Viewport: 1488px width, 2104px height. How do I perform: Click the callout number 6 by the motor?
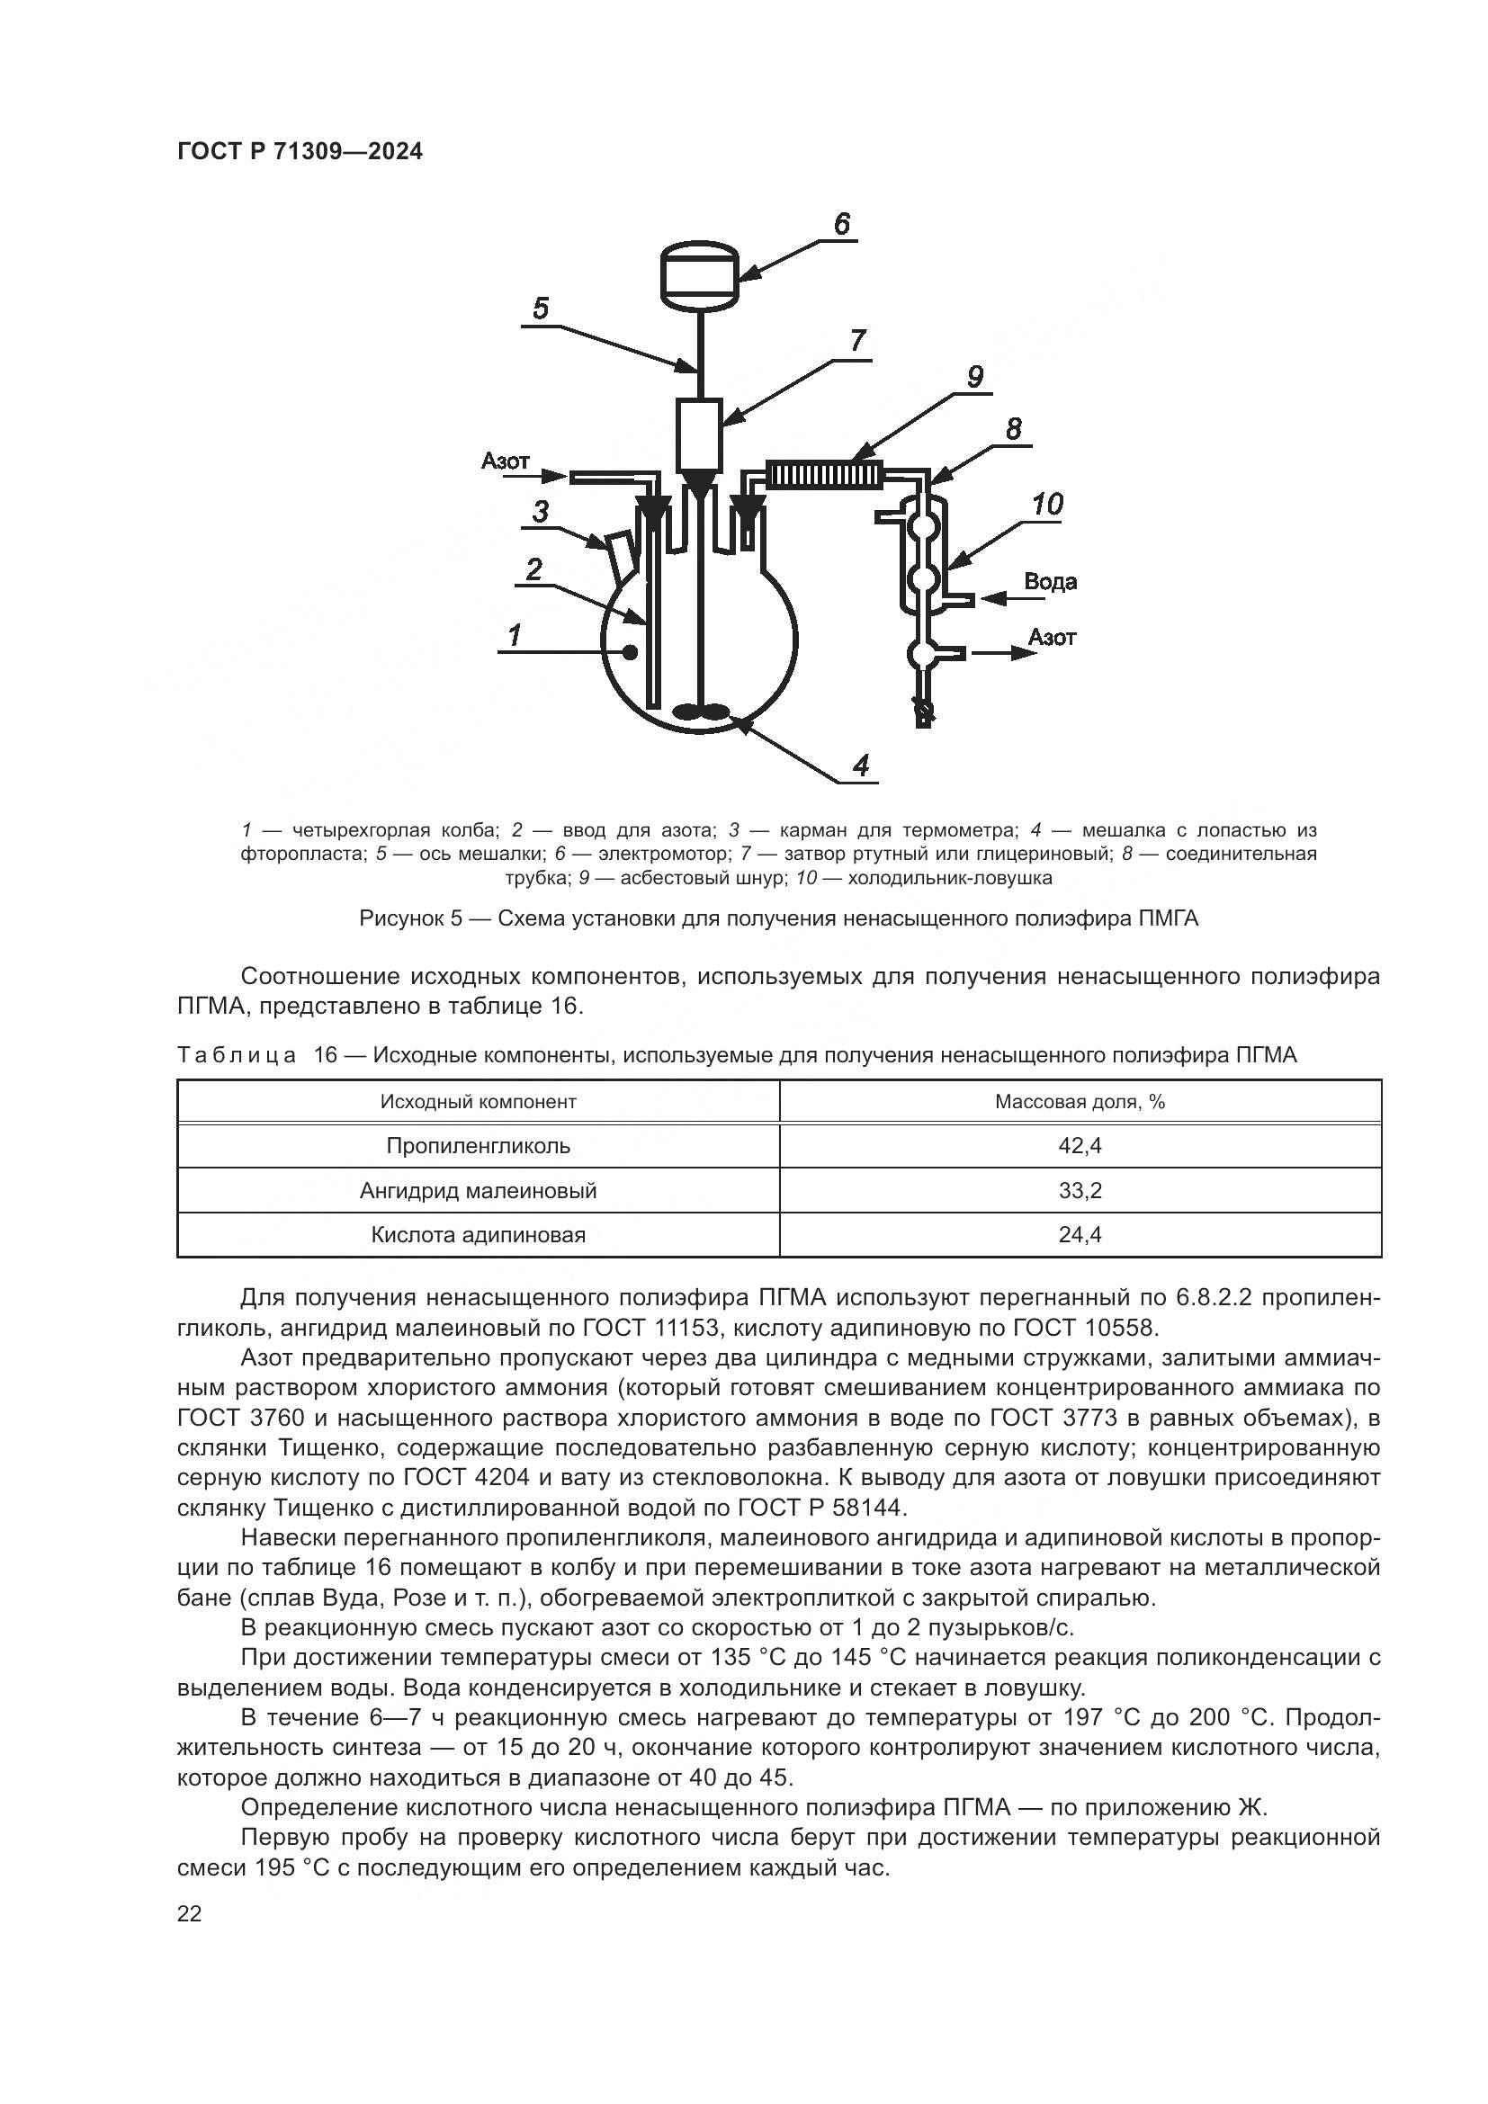tap(841, 224)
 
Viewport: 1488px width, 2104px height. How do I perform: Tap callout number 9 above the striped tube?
tap(974, 377)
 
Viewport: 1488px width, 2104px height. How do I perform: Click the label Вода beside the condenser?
tap(1049, 582)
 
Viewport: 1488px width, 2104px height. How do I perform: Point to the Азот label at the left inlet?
tap(505, 461)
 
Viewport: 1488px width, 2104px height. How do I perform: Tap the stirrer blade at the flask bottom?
tap(701, 712)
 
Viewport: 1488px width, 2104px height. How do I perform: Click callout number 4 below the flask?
tap(860, 765)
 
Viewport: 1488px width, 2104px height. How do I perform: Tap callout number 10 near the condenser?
tap(1046, 504)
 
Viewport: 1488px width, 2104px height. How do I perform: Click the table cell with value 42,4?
tap(1080, 1145)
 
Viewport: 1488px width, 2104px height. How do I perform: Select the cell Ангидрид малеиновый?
tap(478, 1190)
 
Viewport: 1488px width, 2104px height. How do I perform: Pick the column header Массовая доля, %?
tap(1080, 1102)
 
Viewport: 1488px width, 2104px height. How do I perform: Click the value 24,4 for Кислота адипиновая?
tap(1080, 1234)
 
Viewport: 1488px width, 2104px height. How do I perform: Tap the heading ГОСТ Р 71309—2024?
tap(300, 152)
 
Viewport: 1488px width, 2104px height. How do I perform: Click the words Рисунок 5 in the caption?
tap(409, 918)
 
